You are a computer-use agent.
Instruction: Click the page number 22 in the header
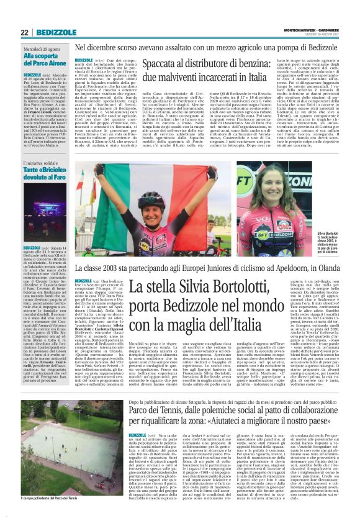[24, 32]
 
